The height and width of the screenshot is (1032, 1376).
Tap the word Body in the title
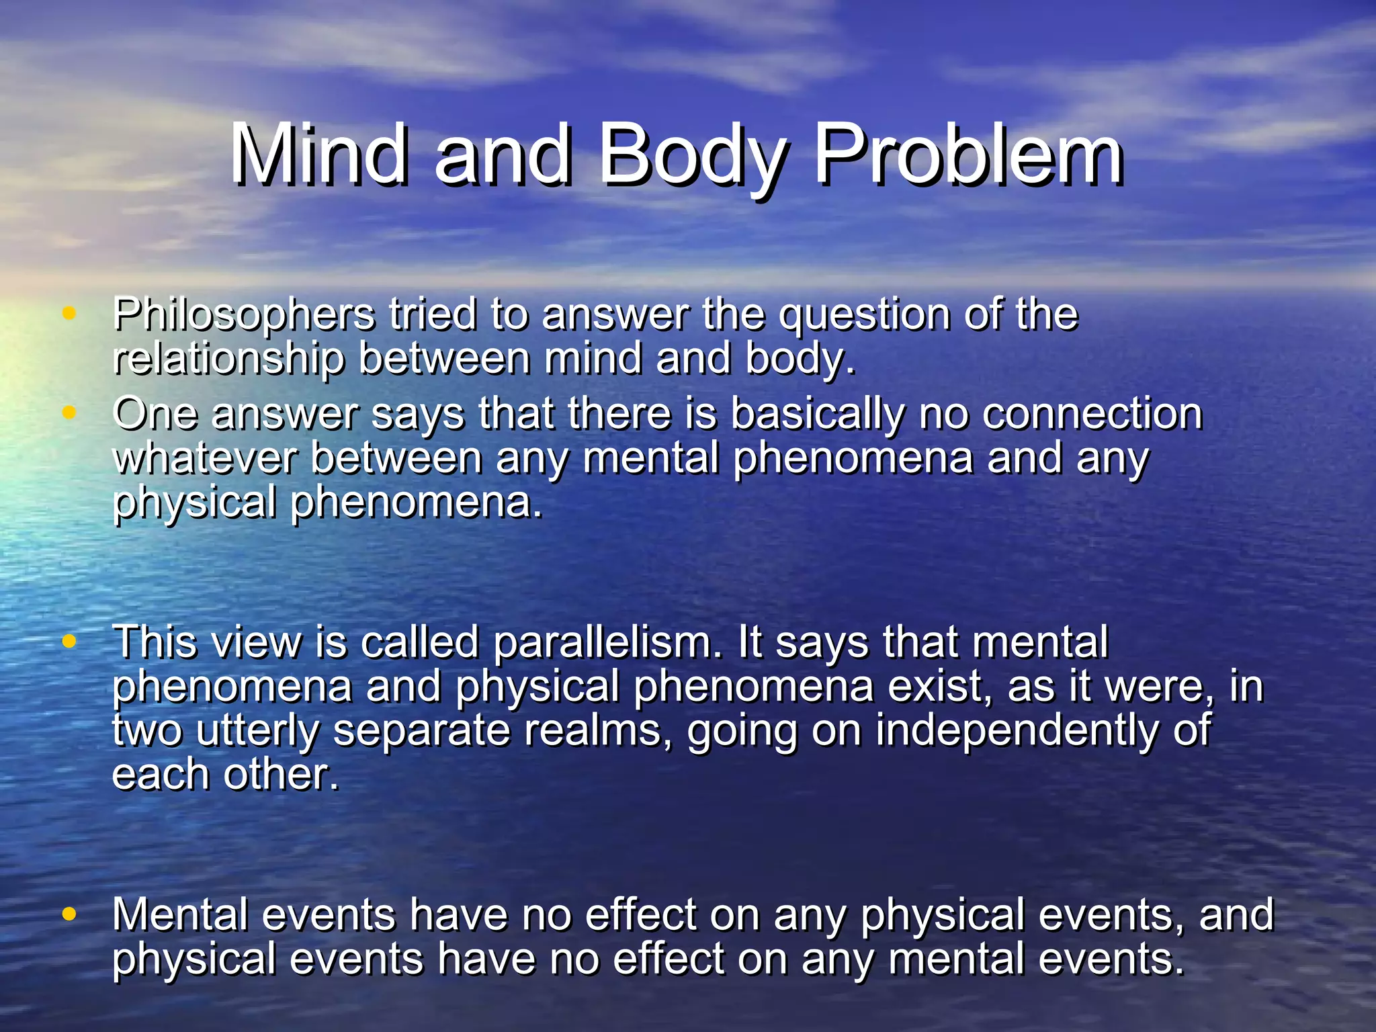691,156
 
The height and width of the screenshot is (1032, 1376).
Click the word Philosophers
244,315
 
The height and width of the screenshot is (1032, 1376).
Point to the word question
864,315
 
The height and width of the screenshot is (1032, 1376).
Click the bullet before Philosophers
69,312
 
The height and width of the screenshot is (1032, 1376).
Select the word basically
818,415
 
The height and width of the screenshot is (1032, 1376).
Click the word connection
1092,413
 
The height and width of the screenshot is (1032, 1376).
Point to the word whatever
204,458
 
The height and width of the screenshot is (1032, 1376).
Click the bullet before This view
69,641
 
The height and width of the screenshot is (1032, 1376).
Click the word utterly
258,731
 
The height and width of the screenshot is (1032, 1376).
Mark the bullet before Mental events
69,914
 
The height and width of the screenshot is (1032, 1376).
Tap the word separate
422,731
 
